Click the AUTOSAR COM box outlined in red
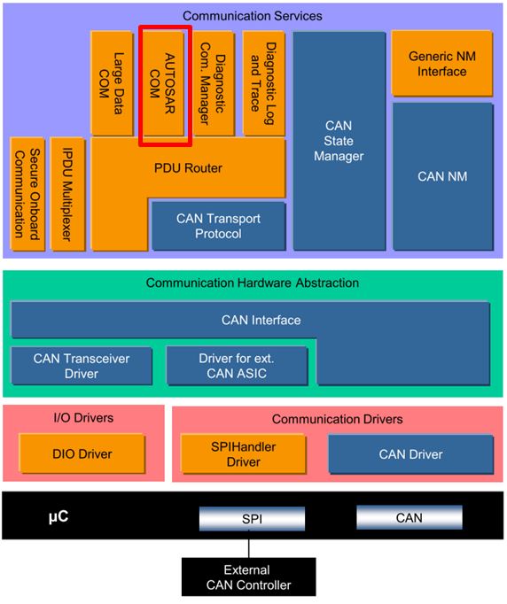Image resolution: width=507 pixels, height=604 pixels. [165, 86]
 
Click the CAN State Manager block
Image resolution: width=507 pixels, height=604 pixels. [339, 142]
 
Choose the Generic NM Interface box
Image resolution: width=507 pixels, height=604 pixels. [441, 63]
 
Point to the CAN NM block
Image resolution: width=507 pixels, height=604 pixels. [441, 176]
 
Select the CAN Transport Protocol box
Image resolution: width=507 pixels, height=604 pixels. [218, 226]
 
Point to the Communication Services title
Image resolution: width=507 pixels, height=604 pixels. [252, 16]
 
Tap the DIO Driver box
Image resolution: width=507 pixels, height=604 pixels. [82, 454]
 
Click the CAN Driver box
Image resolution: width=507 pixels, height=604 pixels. [409, 454]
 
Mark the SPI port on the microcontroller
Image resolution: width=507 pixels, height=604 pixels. [251, 518]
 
